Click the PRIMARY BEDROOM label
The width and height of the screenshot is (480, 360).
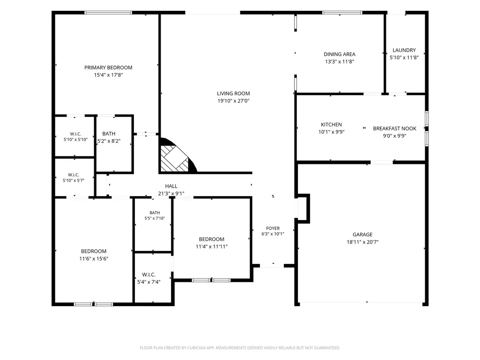click(x=108, y=67)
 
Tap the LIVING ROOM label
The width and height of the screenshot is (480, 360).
click(x=233, y=93)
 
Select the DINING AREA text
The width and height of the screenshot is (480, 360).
click(x=340, y=54)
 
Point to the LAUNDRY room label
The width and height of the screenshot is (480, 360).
click(x=404, y=50)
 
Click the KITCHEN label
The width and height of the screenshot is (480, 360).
click(x=331, y=125)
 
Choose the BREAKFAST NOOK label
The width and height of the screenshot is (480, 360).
click(x=395, y=129)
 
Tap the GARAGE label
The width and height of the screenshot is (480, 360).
click(x=362, y=235)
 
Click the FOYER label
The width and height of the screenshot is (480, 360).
click(x=273, y=228)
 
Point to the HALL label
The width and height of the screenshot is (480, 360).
click(x=171, y=186)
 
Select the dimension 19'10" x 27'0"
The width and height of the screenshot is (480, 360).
click(x=233, y=101)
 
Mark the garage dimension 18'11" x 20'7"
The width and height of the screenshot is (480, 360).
click(x=362, y=242)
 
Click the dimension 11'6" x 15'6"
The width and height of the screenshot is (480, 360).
click(x=94, y=259)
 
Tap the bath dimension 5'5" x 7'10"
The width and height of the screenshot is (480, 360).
click(x=155, y=218)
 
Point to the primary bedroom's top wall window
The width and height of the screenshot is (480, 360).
click(x=108, y=13)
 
